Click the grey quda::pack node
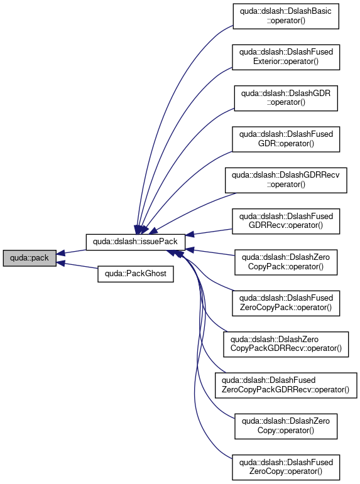30,258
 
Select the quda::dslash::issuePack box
135,242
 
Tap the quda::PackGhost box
136,274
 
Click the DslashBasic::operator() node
286,16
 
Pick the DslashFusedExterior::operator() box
286,57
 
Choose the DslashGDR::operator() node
286,98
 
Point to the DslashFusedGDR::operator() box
286,139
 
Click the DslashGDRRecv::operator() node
286,180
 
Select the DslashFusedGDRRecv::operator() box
286,222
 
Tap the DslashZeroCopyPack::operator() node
286,262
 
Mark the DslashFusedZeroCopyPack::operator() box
286,303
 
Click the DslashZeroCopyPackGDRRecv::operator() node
286,344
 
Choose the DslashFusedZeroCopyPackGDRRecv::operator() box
286,385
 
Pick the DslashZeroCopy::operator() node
286,426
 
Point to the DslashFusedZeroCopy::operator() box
286,467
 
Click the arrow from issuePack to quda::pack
71,252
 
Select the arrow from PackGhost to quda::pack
77,266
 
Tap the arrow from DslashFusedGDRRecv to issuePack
209,232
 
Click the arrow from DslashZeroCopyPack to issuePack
210,252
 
